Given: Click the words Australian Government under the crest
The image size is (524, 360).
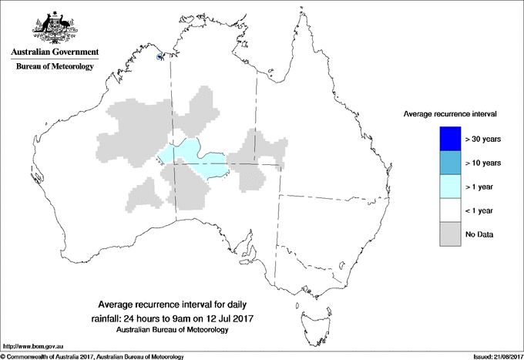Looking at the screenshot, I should (x=54, y=53).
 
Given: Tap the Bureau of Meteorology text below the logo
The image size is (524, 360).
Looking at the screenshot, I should (x=54, y=67).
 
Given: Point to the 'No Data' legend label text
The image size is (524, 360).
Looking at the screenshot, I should (x=479, y=234).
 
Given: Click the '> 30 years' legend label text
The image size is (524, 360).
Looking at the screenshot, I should (x=483, y=140).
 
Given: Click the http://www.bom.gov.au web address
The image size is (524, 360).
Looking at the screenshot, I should (x=34, y=346).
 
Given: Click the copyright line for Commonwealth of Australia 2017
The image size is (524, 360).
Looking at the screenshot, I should (x=92, y=356).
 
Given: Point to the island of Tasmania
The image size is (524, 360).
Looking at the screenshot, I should (x=308, y=315).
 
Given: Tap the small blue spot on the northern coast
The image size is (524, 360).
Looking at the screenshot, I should (x=160, y=56).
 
